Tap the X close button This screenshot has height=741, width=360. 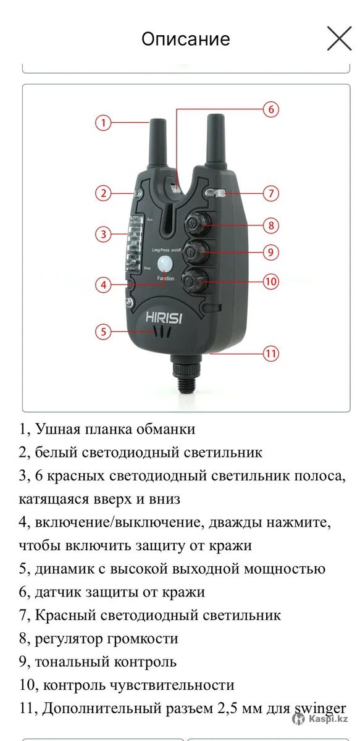(339, 39)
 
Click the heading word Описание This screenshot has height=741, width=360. (186, 40)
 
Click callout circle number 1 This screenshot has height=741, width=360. (103, 123)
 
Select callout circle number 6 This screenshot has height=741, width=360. (271, 109)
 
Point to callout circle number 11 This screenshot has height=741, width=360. (271, 354)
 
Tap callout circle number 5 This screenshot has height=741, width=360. (103, 331)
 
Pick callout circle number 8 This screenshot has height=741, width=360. (271, 225)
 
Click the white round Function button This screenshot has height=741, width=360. (165, 264)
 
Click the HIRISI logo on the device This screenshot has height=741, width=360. (164, 317)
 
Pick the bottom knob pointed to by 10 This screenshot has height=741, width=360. (195, 281)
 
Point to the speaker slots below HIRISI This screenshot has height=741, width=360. (163, 332)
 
